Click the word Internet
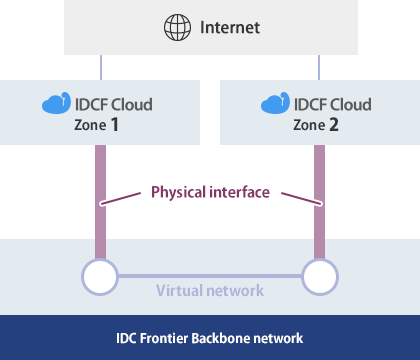point(229,28)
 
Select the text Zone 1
point(102,126)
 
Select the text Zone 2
point(319,126)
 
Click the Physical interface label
point(210,191)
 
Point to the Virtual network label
point(210,291)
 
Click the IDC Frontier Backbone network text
point(210,339)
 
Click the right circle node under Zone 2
point(319,275)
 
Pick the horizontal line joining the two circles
point(210,275)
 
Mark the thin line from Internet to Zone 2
point(319,68)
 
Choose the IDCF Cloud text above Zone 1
point(114,104)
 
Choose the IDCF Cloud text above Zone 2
point(331,104)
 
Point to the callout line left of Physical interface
point(125,197)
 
